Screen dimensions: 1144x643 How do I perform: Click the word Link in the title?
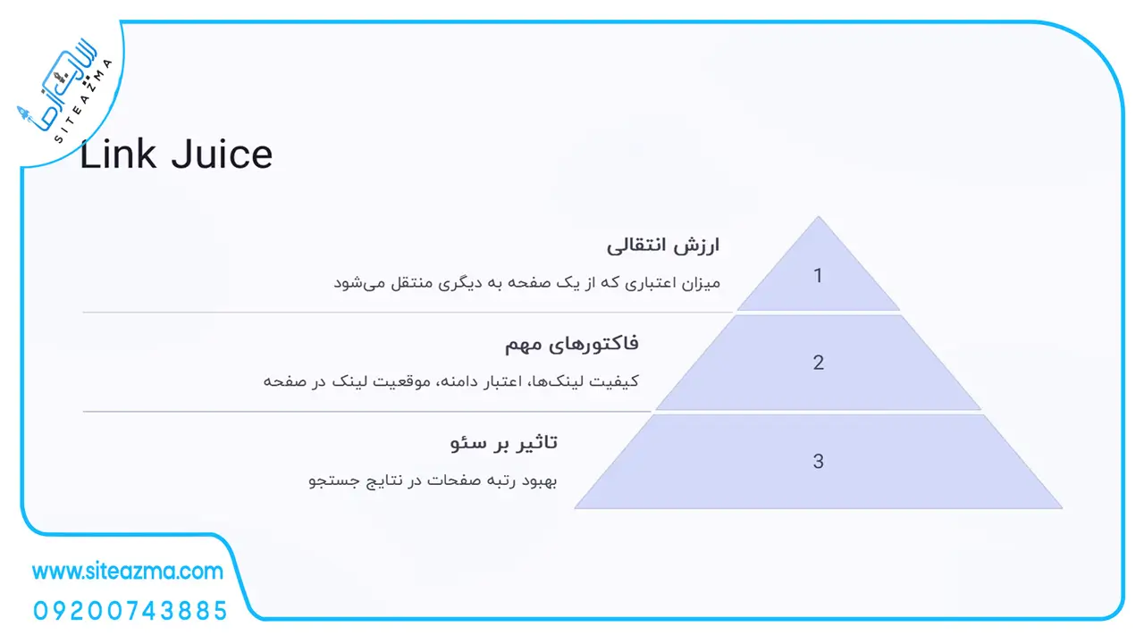pos(118,154)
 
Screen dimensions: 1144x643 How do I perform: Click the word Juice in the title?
pos(222,154)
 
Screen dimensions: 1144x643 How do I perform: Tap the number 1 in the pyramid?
pos(818,276)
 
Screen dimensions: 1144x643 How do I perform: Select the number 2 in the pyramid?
pos(818,363)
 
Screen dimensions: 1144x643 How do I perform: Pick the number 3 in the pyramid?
pos(818,462)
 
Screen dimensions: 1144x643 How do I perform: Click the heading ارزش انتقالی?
pos(663,246)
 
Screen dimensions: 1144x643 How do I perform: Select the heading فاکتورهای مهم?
pos(571,344)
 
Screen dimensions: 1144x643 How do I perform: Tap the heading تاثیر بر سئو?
pos(503,442)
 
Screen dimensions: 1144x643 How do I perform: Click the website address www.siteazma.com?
pos(128,571)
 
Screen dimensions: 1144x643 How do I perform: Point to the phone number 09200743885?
pos(130,611)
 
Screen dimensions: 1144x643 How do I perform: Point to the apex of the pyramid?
pos(818,216)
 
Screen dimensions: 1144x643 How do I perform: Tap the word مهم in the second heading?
pos(523,345)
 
